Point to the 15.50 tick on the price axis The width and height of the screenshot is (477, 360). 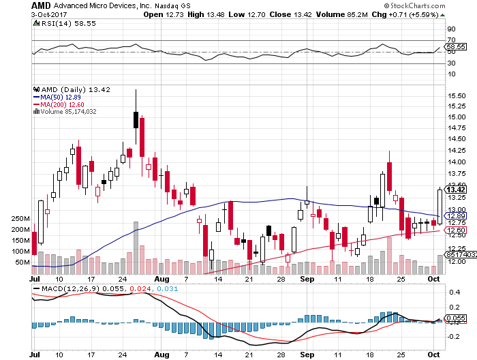457,97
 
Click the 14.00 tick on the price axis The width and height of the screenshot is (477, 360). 457,162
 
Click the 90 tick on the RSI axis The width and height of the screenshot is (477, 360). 451,29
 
